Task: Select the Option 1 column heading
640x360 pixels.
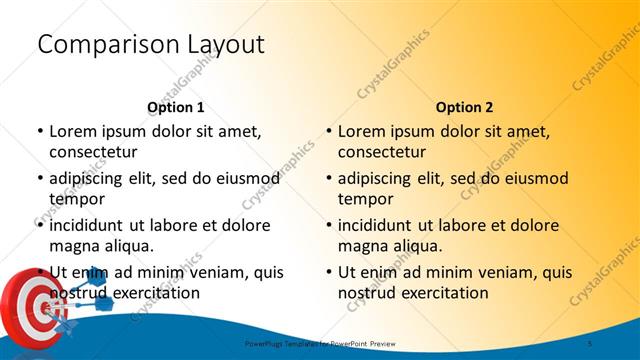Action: [x=175, y=107]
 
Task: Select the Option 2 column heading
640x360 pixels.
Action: [x=464, y=107]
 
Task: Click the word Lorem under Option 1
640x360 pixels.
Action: [x=72, y=131]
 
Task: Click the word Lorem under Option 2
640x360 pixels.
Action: [x=361, y=131]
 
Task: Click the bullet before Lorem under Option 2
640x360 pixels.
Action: [x=328, y=131]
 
